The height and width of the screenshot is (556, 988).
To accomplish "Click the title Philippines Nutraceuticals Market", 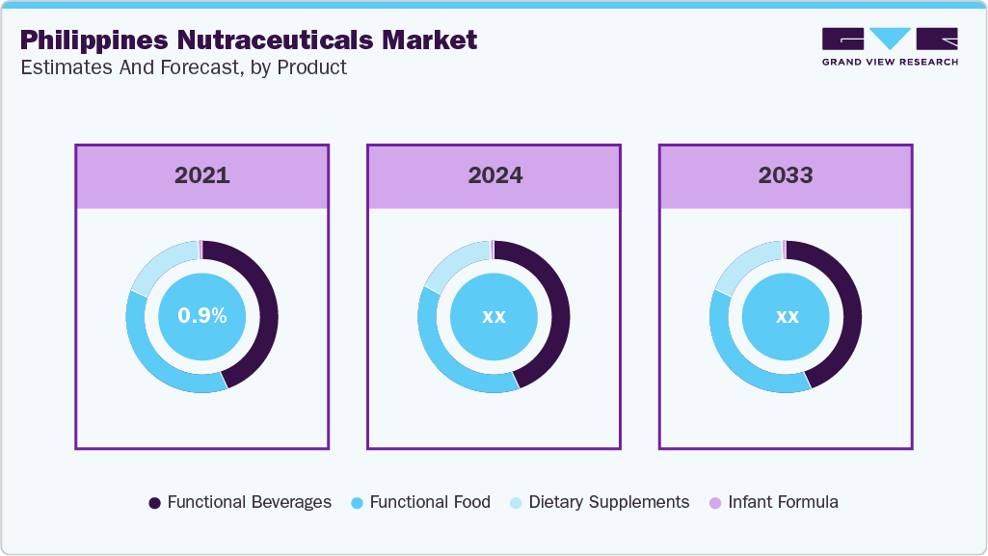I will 248,40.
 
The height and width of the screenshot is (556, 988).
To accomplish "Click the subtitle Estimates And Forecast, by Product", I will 183,67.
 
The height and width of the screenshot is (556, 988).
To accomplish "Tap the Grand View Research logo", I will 890,46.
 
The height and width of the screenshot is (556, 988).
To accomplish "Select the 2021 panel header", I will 202,176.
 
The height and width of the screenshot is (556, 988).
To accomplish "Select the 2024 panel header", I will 494,176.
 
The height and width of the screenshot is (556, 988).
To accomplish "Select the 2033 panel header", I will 786,176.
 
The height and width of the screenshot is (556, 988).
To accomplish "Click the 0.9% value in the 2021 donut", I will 202,316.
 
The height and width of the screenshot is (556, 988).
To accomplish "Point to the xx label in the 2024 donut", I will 494,316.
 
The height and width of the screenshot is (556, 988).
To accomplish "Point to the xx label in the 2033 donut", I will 786,316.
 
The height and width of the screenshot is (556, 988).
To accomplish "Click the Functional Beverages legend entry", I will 240,502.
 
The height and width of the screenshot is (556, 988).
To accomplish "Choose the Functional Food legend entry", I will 420,502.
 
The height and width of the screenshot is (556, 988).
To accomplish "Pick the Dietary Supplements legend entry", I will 600,502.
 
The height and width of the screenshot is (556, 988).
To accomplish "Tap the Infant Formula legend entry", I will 773,502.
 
